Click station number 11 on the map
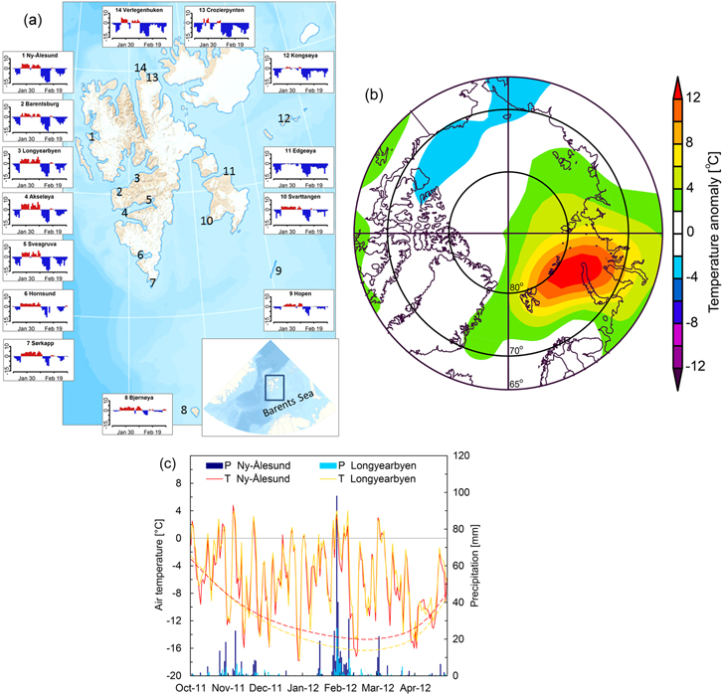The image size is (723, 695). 229,172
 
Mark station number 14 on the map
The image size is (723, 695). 141,68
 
